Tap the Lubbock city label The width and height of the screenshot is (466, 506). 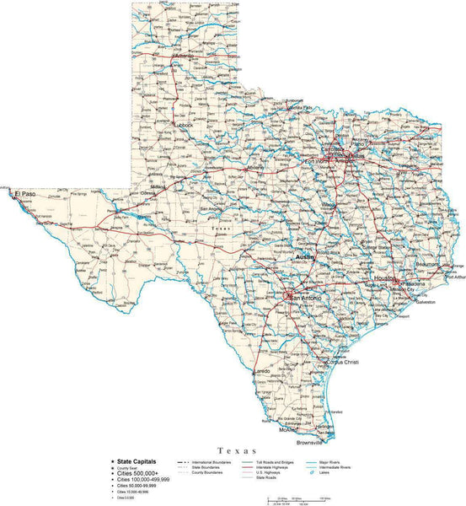pyautogui.click(x=184, y=124)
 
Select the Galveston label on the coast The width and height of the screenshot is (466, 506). pyautogui.click(x=424, y=303)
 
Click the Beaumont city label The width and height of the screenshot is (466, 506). pyautogui.click(x=428, y=264)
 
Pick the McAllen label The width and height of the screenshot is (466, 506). pyautogui.click(x=289, y=431)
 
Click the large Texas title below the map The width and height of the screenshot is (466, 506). pyautogui.click(x=233, y=454)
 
